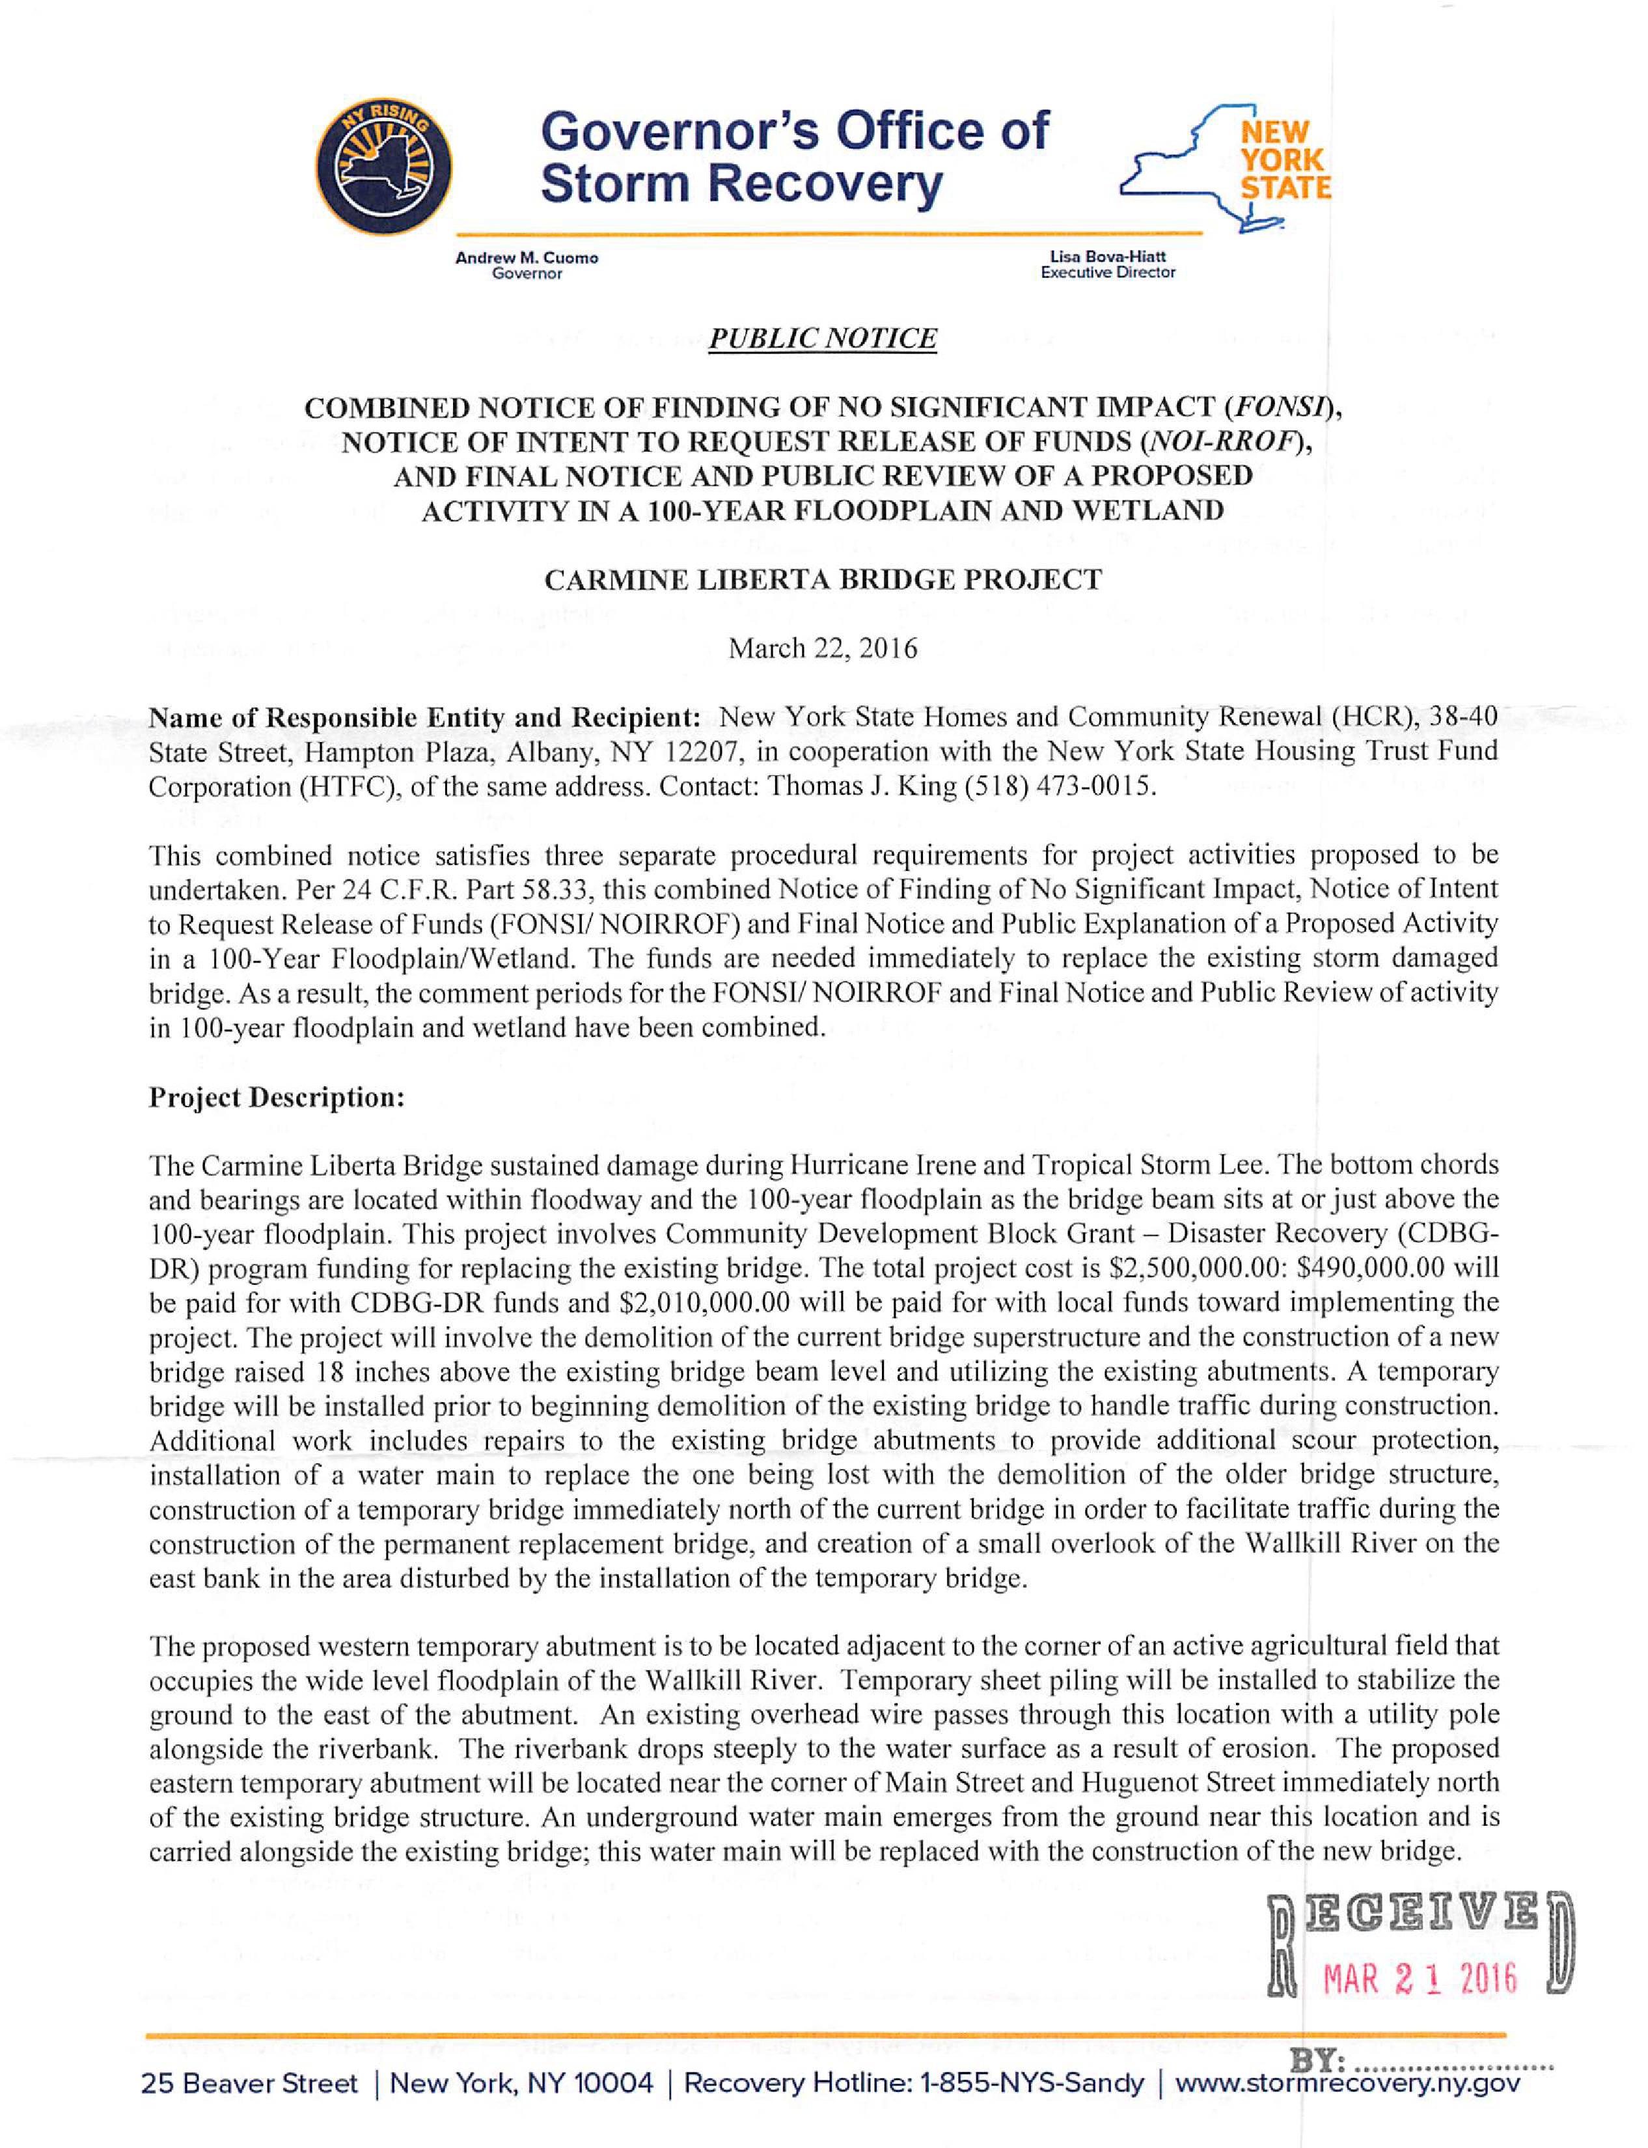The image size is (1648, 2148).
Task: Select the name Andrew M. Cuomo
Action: (527, 258)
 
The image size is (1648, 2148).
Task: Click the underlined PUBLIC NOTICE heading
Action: (823, 338)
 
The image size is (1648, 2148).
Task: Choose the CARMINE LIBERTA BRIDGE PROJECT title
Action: (823, 581)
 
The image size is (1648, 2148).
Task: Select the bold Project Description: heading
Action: (277, 1097)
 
